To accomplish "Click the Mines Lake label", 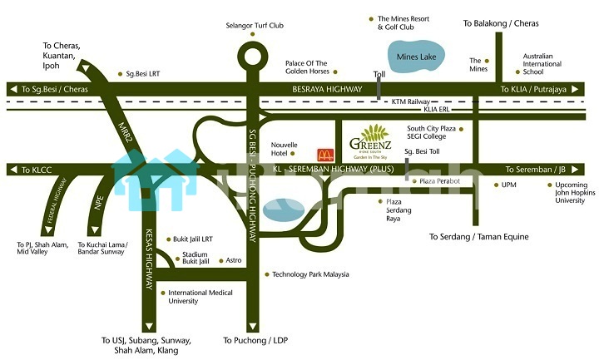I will coord(416,57).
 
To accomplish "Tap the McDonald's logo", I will coord(324,154).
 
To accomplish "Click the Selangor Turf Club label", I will coord(255,26).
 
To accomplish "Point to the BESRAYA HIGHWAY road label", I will coord(327,89).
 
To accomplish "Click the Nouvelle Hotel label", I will coord(285,149).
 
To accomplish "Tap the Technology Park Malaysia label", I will coord(310,274).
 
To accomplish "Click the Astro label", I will coord(234,260).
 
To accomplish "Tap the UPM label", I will coord(510,185).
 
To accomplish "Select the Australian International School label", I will coord(542,64).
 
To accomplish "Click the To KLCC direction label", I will coord(36,170).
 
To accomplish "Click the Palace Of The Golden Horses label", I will coord(306,67).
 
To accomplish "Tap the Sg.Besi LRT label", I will coord(143,73).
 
